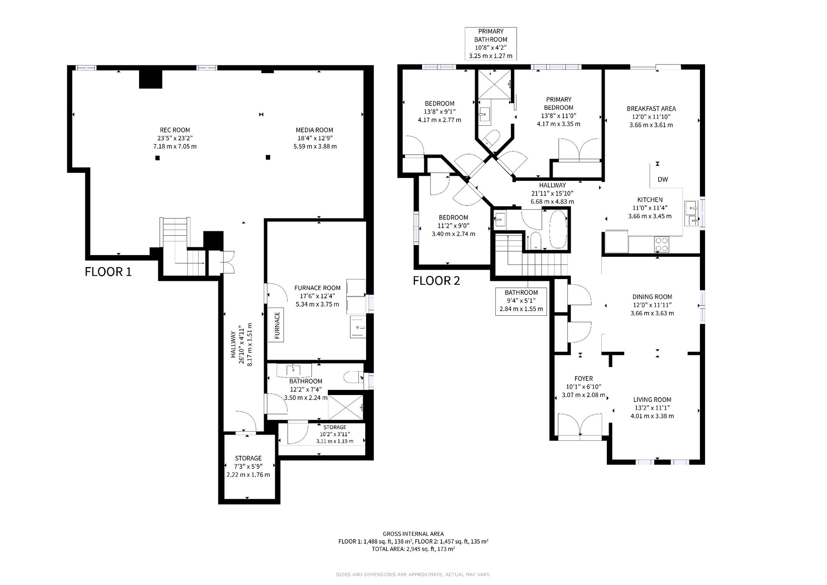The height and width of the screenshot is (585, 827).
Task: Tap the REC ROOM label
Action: (175, 130)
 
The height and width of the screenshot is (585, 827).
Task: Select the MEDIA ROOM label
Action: (314, 130)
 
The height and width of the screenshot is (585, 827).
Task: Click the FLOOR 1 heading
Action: (108, 272)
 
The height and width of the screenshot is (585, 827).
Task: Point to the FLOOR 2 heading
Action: (436, 281)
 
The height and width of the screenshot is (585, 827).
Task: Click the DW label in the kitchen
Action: (662, 179)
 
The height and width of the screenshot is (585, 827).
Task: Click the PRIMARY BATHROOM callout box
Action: (491, 44)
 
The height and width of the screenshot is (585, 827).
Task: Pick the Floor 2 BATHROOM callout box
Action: (521, 301)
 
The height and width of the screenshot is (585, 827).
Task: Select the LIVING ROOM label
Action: (652, 399)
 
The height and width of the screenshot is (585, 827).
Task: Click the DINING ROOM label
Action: (652, 296)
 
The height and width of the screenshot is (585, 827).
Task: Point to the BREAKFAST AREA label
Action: (651, 109)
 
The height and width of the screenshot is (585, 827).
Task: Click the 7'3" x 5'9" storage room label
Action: (248, 467)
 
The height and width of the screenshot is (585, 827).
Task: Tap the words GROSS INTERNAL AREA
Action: (413, 534)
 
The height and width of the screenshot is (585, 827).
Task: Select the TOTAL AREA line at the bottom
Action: (413, 549)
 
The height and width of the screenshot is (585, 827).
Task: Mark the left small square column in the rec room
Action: (158, 158)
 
